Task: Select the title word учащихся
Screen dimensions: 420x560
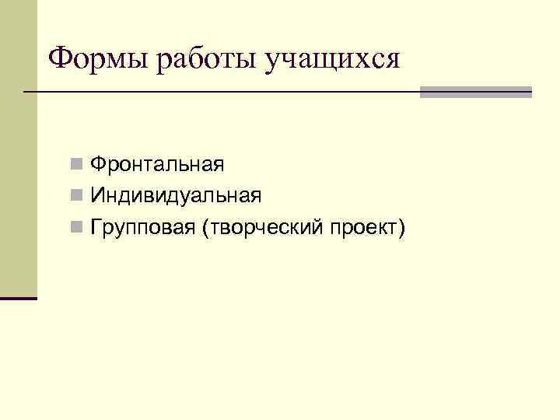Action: pyautogui.click(x=333, y=59)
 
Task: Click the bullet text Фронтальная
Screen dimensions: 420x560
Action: pyautogui.click(x=157, y=164)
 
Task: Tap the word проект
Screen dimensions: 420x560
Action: pyautogui.click(x=363, y=227)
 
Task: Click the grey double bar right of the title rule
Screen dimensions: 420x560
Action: pyautogui.click(x=475, y=92)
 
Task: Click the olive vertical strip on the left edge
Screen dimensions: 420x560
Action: pyautogui.click(x=18, y=148)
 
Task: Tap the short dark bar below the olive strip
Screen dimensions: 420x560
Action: pyautogui.click(x=18, y=297)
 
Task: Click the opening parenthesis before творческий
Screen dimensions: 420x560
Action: pyautogui.click(x=204, y=228)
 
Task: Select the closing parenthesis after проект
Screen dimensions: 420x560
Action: pyautogui.click(x=402, y=228)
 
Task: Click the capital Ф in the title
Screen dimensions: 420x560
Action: pyautogui.click(x=60, y=58)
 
